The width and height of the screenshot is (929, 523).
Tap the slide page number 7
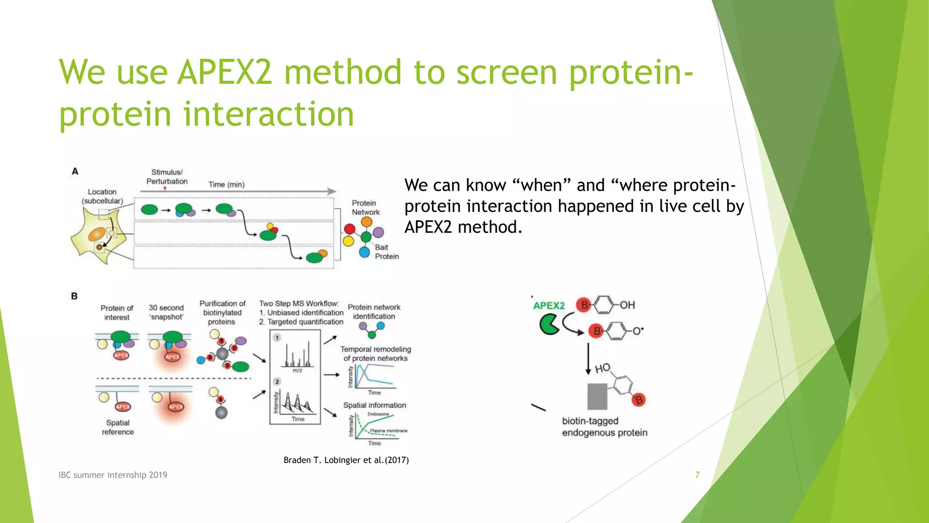click(697, 475)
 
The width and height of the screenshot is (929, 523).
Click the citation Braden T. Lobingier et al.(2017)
click(346, 460)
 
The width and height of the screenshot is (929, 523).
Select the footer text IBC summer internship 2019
click(113, 475)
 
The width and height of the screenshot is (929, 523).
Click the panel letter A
click(75, 172)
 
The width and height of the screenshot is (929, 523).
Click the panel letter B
click(74, 296)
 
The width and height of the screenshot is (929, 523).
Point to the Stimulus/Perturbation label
click(166, 177)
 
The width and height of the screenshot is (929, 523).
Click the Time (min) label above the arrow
click(226, 184)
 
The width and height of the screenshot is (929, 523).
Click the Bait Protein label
click(386, 252)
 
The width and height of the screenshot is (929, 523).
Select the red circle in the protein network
click(349, 229)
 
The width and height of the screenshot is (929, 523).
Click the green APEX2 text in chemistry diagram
click(549, 306)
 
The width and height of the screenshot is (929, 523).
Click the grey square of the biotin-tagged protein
click(597, 396)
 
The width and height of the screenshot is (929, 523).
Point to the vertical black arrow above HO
click(588, 359)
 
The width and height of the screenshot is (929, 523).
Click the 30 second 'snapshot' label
click(166, 312)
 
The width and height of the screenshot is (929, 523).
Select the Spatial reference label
click(118, 427)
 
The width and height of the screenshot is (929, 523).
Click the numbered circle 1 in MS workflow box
click(277, 337)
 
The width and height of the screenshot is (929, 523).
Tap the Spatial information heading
click(374, 405)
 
